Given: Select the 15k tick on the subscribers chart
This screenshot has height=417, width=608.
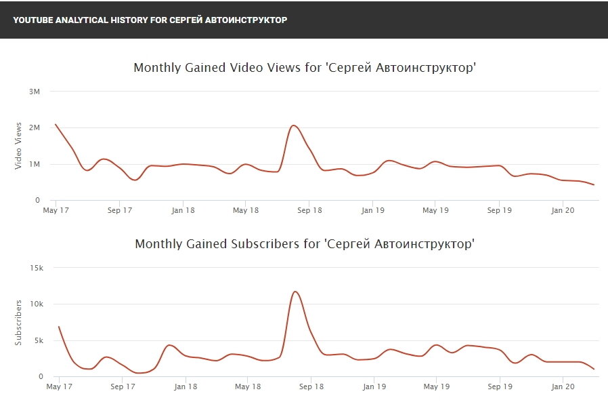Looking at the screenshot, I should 37,268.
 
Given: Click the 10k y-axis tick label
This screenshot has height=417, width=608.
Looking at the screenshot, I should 37,304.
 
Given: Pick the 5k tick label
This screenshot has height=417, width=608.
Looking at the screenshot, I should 39,340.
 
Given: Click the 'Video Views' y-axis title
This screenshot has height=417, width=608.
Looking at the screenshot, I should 18,146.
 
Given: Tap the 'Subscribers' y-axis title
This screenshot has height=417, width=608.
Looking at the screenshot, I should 18,322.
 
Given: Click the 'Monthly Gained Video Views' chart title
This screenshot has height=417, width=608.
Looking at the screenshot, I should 305,68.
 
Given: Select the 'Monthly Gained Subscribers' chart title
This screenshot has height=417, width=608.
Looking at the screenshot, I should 305,244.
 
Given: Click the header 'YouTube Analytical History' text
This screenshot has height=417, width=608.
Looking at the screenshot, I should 150,20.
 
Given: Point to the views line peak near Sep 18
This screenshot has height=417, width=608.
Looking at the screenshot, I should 293,125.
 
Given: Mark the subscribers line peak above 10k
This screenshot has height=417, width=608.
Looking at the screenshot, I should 295,292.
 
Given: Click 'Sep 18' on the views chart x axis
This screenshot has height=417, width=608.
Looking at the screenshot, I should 309,210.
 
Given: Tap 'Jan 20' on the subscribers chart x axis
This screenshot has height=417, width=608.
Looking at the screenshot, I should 563,386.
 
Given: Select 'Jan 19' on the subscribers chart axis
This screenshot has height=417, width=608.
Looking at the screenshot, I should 372,386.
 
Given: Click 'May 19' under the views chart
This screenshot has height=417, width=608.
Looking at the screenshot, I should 435,210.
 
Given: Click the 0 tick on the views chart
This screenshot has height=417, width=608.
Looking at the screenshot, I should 39,200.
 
